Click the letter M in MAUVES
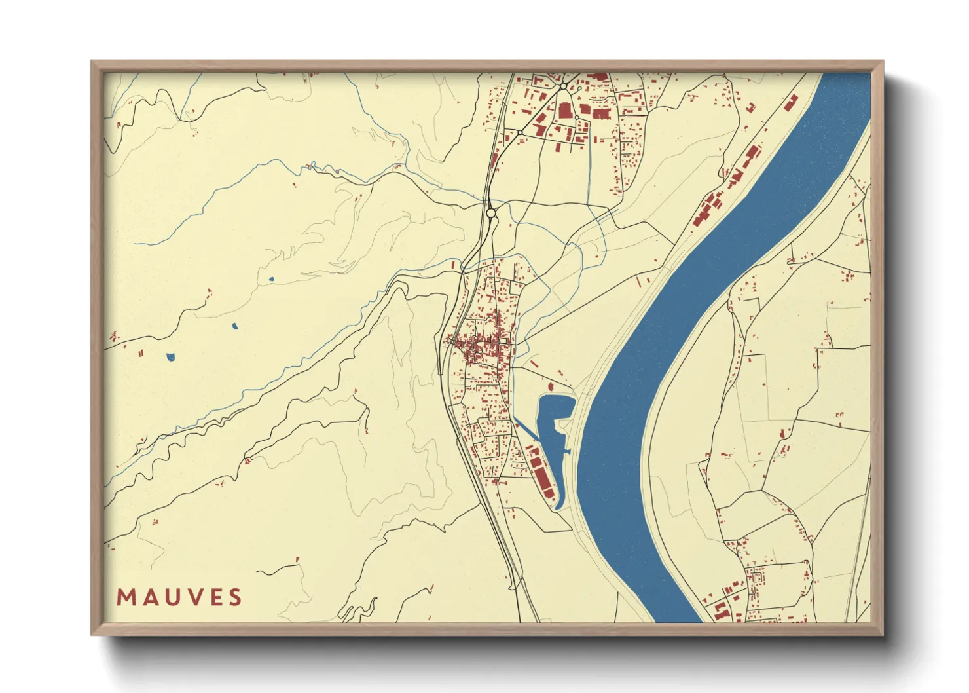pyautogui.click(x=124, y=597)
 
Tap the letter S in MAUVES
pyautogui.click(x=235, y=597)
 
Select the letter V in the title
pyautogui.click(x=192, y=597)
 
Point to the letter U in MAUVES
pyautogui.click(x=169, y=597)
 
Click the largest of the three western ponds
pyautogui.click(x=171, y=357)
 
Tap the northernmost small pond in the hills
pyautogui.click(x=270, y=280)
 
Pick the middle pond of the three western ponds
pyautogui.click(x=234, y=326)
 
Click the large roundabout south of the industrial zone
pyautogui.click(x=491, y=214)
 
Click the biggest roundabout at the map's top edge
pyautogui.click(x=563, y=86)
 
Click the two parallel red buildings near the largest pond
pyautogui.click(x=141, y=354)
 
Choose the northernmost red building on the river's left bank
pyautogui.click(x=792, y=102)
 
